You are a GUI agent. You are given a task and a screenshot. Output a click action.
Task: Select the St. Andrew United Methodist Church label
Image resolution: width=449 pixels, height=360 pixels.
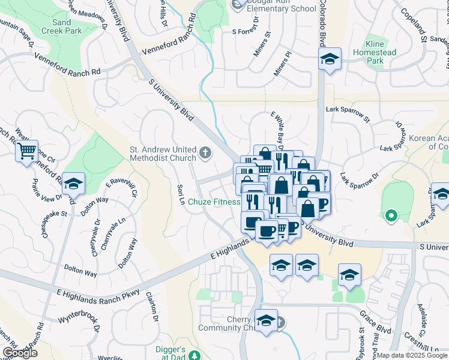pyautogui.click(x=163, y=154)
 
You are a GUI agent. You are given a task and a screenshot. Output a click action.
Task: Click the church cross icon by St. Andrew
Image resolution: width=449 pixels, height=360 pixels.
pyautogui.click(x=205, y=154)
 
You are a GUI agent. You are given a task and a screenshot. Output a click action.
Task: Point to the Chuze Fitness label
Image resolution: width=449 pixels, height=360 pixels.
pyautogui.click(x=214, y=202)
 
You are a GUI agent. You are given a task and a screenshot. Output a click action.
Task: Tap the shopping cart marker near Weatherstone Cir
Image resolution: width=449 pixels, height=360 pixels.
pyautogui.click(x=26, y=151)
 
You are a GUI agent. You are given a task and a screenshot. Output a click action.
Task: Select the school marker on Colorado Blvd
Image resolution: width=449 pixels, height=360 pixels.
pyautogui.click(x=329, y=59)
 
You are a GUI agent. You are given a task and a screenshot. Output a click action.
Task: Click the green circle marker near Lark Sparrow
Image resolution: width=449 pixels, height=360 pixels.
pyautogui.click(x=391, y=214)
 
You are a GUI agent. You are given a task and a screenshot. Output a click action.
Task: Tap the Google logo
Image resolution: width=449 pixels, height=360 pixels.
pyautogui.click(x=20, y=353)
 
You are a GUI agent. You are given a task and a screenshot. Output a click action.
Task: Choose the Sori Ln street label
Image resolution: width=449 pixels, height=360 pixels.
pyautogui.click(x=180, y=193)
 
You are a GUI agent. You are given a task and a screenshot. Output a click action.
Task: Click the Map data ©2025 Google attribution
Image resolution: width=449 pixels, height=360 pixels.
pyautogui.click(x=411, y=355)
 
